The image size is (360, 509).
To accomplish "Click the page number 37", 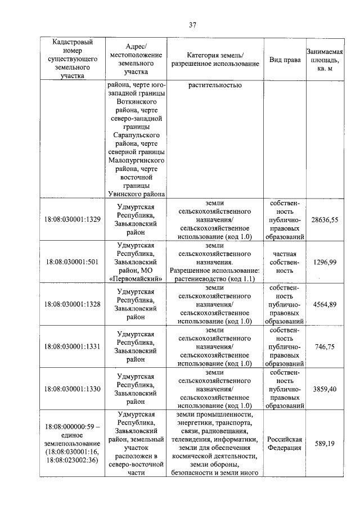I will coord(192,24).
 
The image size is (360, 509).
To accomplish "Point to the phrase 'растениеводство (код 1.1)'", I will coord(215,278).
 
